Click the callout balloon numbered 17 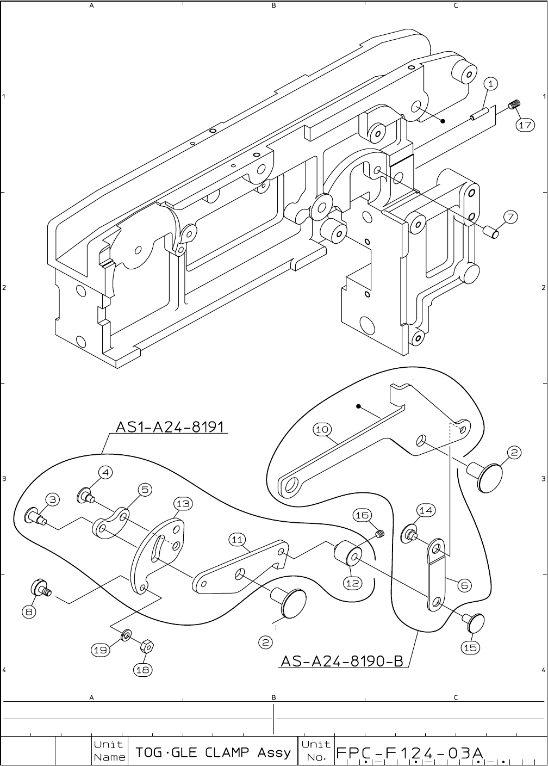pyautogui.click(x=524, y=125)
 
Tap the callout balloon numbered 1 pyautogui.click(x=490, y=84)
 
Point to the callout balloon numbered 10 pyautogui.click(x=322, y=429)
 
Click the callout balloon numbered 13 pyautogui.click(x=183, y=503)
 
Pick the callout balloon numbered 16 pyautogui.click(x=362, y=515)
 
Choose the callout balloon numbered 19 pyautogui.click(x=100, y=649)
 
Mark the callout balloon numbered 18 pyautogui.click(x=142, y=670)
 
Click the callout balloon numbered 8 pyautogui.click(x=30, y=611)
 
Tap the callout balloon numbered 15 pyautogui.click(x=470, y=647)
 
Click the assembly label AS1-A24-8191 pyautogui.click(x=170, y=426)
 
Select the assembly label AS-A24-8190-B pyautogui.click(x=341, y=660)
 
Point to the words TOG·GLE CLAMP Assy pyautogui.click(x=213, y=753)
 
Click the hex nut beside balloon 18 pyautogui.click(x=146, y=646)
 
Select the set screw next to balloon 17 pyautogui.click(x=515, y=104)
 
